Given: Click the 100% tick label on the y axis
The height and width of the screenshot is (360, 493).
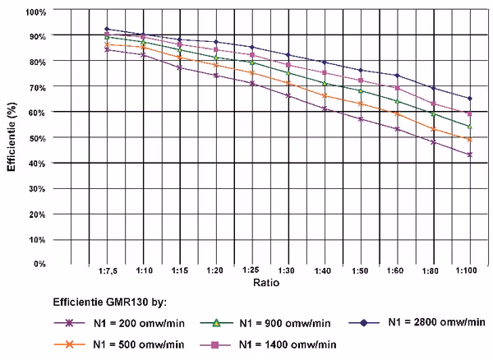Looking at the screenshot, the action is tap(36, 12).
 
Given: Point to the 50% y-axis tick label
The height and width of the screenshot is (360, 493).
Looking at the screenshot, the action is tap(38, 138).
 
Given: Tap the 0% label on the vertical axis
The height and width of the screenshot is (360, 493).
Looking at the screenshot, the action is tap(40, 264).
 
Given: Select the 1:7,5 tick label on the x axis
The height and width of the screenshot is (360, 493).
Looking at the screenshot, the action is tap(108, 270).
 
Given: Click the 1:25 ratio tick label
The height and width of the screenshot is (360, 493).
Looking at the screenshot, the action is tap(251, 270).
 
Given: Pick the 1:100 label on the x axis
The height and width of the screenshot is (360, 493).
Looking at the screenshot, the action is tap(466, 270).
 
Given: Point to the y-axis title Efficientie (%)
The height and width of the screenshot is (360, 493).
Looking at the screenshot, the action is tap(12, 136).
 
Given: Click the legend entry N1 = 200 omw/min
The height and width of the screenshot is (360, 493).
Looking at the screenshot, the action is tap(139, 323).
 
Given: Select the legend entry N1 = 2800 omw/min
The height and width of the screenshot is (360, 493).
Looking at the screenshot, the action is tap(437, 322).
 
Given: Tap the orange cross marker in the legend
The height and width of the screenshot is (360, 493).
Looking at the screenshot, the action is tap(69, 344).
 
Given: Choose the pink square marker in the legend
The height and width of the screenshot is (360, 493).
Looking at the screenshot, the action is tap(215, 345).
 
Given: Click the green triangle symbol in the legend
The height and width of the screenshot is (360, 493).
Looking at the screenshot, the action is tap(216, 323).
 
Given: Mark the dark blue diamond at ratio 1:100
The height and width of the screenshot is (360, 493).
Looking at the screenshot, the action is tap(470, 99).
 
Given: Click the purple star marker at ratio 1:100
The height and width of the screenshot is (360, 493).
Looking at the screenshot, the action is tap(470, 155).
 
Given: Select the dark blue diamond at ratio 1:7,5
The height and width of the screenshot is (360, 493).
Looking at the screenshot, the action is tap(107, 29).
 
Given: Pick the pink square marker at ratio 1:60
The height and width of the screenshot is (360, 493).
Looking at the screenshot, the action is tap(398, 88).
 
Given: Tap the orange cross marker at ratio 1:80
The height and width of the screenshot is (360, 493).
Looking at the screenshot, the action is tap(434, 129).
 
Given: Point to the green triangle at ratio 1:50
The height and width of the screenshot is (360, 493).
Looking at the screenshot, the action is tap(361, 91).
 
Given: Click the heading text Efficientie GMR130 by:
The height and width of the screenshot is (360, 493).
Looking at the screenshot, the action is tap(110, 302).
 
